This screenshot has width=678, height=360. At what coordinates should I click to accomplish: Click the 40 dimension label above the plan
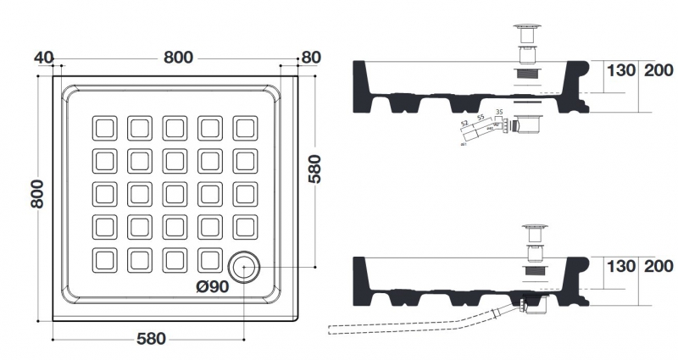coord(43,58)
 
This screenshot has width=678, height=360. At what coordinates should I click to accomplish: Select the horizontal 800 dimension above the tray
coord(177,58)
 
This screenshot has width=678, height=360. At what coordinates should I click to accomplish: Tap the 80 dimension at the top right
coord(310,58)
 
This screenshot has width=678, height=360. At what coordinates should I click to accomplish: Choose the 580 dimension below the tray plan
coord(150,339)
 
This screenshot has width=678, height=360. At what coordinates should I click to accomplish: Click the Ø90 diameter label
coord(212,286)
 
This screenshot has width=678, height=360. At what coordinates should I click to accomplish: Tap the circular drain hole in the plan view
coord(243,267)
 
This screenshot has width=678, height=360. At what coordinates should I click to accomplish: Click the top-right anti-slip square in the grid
coord(247,128)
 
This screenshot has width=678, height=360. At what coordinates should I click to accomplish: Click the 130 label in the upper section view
coord(620,70)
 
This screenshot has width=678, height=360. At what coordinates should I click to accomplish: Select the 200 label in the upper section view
coord(658,70)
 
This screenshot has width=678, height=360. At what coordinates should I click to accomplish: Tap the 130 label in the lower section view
coord(620,266)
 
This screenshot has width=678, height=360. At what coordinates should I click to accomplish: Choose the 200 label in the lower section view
coord(658,266)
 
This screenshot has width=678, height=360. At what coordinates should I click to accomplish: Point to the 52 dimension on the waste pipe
coord(464,124)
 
